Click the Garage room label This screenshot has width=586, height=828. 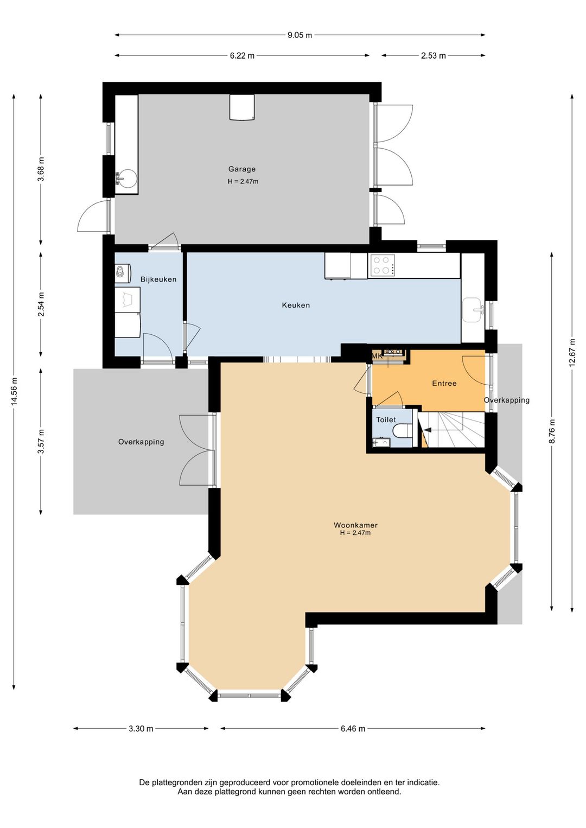coord(242,169)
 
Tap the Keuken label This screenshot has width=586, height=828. coord(296,305)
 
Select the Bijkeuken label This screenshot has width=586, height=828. coord(158,279)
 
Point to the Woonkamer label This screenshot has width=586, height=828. coord(355,525)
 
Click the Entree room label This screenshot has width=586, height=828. coord(444,383)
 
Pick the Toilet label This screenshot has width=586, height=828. coord(386,419)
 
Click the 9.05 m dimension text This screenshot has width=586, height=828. coord(300,35)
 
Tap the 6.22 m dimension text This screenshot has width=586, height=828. coord(242,56)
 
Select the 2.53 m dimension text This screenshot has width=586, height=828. coord(434,56)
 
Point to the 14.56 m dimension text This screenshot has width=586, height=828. coord(14,392)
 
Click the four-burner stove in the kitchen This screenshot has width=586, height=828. coord(381,265)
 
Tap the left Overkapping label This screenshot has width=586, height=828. coord(141,442)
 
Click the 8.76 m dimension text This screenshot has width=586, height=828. coord(552,431)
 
